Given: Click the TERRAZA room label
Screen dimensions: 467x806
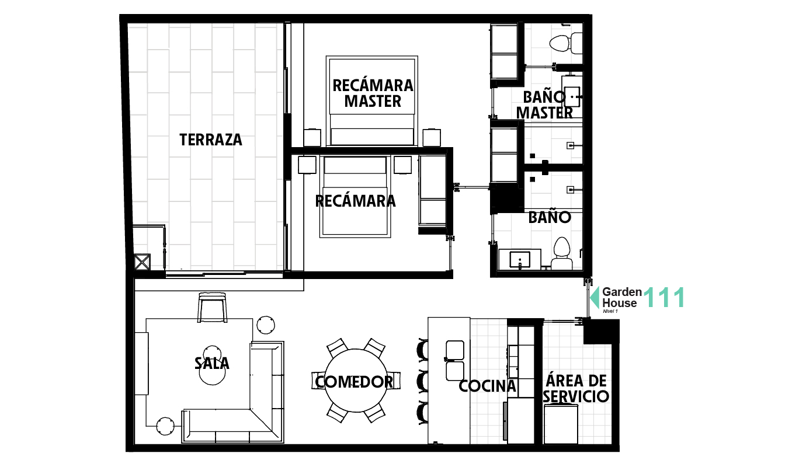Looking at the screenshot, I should point(210,140).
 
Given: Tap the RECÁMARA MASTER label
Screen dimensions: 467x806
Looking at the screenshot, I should point(373,93).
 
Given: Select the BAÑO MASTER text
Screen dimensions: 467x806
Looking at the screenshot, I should point(544,105).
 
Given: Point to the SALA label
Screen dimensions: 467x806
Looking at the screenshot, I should point(212,363).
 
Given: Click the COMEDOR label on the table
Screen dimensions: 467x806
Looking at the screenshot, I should point(354,382).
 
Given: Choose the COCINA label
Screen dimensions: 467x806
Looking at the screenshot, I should point(487,386).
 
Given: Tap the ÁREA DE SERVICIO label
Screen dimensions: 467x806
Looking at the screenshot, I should point(576,389).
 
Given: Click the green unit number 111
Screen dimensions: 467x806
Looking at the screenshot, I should point(663,298).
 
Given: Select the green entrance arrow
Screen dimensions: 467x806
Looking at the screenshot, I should point(595,298).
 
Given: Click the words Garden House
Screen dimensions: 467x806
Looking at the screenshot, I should point(621,297).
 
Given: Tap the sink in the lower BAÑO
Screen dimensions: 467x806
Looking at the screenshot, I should point(520,259).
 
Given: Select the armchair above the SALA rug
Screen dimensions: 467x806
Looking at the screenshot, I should point(212,306).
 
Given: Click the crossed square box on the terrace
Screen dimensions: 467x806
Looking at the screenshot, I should point(142,262).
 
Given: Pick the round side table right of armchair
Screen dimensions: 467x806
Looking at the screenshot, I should point(266,325).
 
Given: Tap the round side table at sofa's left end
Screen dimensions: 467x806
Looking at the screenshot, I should point(165,426).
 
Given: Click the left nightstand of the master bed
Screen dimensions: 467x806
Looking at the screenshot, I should point(312,137).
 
